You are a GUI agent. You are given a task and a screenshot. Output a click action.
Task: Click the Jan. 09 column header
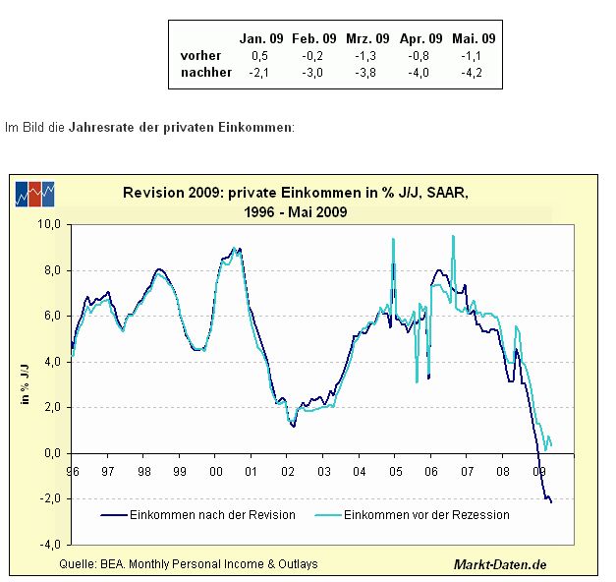(x=262, y=38)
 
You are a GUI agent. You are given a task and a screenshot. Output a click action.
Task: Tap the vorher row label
(x=201, y=55)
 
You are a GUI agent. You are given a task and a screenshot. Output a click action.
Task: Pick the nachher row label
(x=206, y=72)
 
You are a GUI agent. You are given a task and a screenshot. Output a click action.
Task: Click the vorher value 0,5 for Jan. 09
(x=263, y=55)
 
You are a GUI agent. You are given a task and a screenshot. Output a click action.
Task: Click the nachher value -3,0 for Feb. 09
(x=315, y=72)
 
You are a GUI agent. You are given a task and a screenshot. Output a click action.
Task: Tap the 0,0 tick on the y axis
(x=53, y=453)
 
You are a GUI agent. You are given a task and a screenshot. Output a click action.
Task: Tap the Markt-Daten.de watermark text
(x=499, y=563)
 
